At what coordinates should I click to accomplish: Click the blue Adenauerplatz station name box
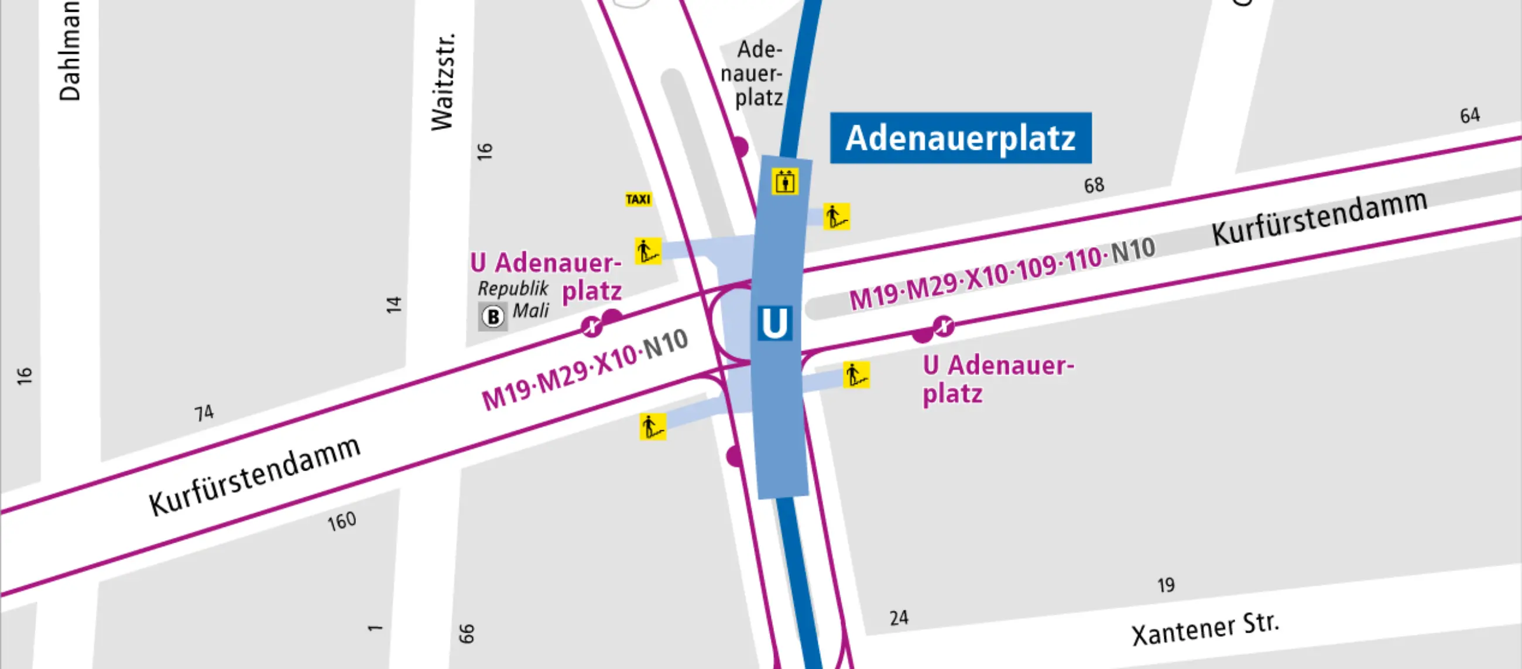coord(961,138)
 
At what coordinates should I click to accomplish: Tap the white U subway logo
coord(774,323)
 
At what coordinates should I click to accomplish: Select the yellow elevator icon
coord(784,181)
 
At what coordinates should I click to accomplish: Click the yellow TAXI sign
coord(638,199)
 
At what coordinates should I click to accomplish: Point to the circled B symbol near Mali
coord(493,317)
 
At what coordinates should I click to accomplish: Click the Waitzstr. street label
coord(444,81)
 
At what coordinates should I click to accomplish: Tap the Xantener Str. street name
coord(1205,629)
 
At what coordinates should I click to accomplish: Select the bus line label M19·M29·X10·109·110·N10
coord(1002,273)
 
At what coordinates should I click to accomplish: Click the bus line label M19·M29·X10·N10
coord(585,370)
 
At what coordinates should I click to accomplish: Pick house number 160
coord(342,522)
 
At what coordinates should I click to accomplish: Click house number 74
coord(204,413)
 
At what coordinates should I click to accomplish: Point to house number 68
coord(1093,186)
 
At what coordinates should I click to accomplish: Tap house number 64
coord(1470,115)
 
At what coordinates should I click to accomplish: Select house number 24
coord(899,618)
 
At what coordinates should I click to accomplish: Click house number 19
coord(1166,585)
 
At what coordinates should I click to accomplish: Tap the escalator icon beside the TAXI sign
coord(648,251)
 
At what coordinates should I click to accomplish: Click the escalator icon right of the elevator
coord(837,217)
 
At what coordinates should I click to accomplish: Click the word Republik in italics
coord(513,289)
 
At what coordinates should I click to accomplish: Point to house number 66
coord(466,633)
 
